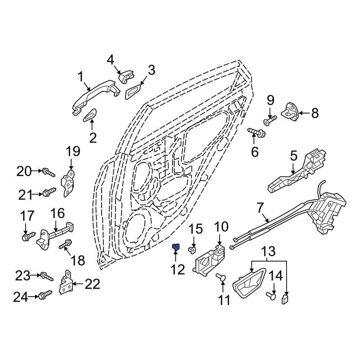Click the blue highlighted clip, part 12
(176, 247)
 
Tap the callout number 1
(81, 76)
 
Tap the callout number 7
(260, 207)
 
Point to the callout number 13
(267, 251)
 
